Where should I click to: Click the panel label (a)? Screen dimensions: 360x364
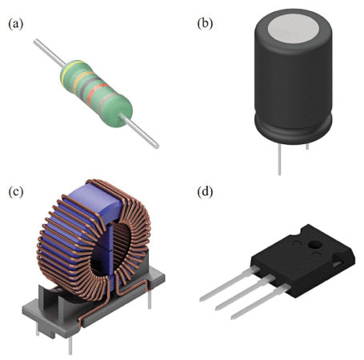coord(14,25)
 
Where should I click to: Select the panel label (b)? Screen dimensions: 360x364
coord(204,25)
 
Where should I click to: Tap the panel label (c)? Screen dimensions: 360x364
coord(14,192)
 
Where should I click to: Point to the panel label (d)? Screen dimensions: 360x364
coord(204,192)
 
